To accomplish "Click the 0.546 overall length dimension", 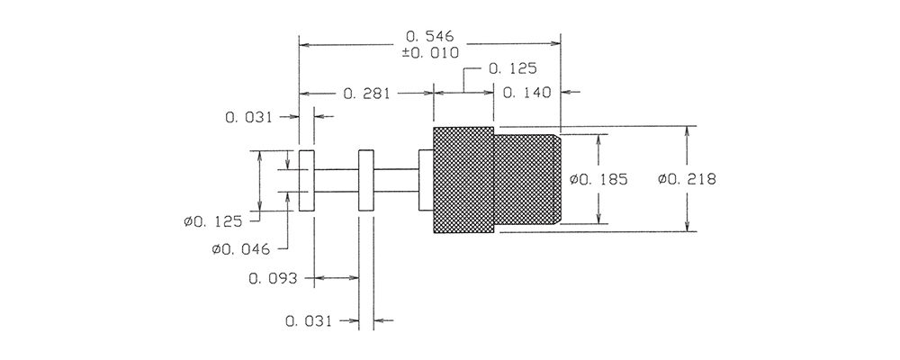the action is click(430, 36).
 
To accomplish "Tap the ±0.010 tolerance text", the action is click(430, 53).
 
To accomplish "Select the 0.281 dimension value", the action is click(367, 94).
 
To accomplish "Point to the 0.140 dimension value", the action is click(526, 93).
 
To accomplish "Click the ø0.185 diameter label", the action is click(598, 180).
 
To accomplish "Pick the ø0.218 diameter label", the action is click(687, 180).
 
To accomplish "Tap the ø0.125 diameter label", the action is click(213, 221).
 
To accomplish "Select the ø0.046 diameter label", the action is click(240, 250).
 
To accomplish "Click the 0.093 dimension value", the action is click(273, 279).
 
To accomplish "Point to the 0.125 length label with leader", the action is click(513, 69).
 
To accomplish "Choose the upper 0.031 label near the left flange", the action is click(249, 118).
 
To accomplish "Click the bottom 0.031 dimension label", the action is click(309, 321).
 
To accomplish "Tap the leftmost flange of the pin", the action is click(307, 180).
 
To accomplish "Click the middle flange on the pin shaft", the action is click(366, 180).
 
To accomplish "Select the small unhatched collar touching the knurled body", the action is click(426, 180).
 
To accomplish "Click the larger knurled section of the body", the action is click(463, 180).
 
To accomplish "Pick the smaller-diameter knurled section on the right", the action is click(526, 179).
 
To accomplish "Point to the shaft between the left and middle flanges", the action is click(337, 180).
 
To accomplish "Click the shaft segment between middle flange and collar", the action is click(396, 180).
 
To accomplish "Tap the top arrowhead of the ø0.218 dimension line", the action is click(688, 130).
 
